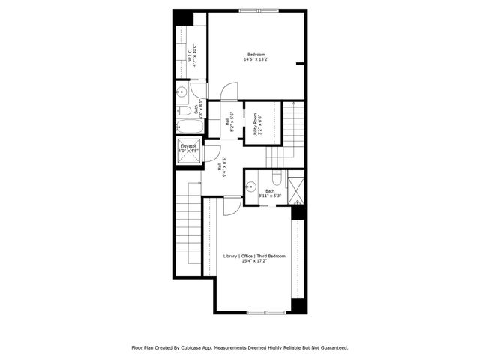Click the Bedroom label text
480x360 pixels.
pos(256,55)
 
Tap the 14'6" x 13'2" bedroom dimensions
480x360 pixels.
pos(256,61)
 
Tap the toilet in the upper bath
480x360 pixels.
pos(185,111)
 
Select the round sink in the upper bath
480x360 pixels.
pos(181,93)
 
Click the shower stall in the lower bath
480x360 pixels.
pos(296,189)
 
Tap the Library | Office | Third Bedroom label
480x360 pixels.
pos(255,256)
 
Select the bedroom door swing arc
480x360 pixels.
pos(231,91)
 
